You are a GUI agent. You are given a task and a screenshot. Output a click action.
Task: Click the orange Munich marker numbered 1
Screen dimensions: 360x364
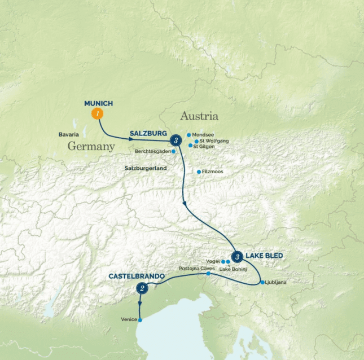point(98,114)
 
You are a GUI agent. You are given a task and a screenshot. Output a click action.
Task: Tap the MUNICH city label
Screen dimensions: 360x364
point(99,103)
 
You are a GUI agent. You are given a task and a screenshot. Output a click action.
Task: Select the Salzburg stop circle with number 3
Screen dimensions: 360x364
point(176,139)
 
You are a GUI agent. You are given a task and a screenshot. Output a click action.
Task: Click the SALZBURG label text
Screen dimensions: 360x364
point(148,133)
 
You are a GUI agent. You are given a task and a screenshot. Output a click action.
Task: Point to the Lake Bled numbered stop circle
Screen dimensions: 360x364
point(238,257)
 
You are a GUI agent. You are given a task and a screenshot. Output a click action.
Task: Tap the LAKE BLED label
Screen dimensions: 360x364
point(264,256)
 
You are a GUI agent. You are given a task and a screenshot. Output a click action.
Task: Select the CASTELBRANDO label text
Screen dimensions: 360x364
point(137,276)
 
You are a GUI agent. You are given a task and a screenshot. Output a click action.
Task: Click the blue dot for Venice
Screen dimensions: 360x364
point(140,320)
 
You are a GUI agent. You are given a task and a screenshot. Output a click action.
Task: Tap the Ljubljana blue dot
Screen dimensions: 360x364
point(262,282)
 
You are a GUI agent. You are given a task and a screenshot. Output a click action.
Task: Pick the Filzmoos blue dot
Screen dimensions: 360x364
point(199,172)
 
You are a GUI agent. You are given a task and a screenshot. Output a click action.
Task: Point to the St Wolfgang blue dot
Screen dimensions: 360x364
point(196,141)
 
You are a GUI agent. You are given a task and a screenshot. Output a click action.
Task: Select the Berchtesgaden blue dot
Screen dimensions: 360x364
point(174,151)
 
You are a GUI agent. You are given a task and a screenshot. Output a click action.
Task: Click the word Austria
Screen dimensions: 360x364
point(199,117)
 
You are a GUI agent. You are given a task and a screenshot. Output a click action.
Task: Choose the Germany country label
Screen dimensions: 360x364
point(91,146)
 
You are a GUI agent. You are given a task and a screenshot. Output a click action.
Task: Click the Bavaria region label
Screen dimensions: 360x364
point(68,134)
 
